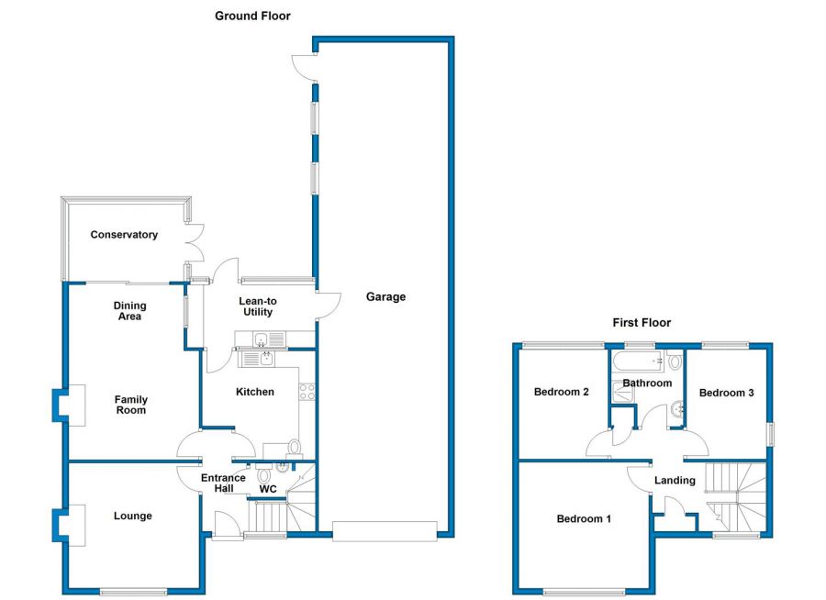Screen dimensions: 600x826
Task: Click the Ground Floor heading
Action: point(252,16)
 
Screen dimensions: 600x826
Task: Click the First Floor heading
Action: point(642,322)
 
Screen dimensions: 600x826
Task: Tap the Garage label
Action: point(385,296)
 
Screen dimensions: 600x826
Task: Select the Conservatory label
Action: point(124,235)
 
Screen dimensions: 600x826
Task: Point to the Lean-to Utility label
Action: point(258,306)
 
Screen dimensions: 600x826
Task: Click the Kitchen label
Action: point(255,392)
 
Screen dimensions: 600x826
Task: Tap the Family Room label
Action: point(130,405)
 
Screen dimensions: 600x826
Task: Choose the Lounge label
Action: point(133,516)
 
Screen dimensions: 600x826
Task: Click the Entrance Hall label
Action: point(223,483)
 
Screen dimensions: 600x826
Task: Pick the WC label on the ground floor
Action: point(268,489)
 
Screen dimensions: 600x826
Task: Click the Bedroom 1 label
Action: point(584,518)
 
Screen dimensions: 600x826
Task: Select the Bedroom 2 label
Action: point(562,392)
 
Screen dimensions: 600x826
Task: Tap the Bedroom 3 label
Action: point(726,393)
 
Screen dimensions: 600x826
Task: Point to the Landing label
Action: point(675,480)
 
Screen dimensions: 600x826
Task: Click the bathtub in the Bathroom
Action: point(647,361)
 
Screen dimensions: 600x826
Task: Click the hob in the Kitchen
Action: point(307,392)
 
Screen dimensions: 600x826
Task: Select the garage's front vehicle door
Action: point(385,530)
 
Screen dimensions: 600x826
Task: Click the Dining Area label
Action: point(129,311)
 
